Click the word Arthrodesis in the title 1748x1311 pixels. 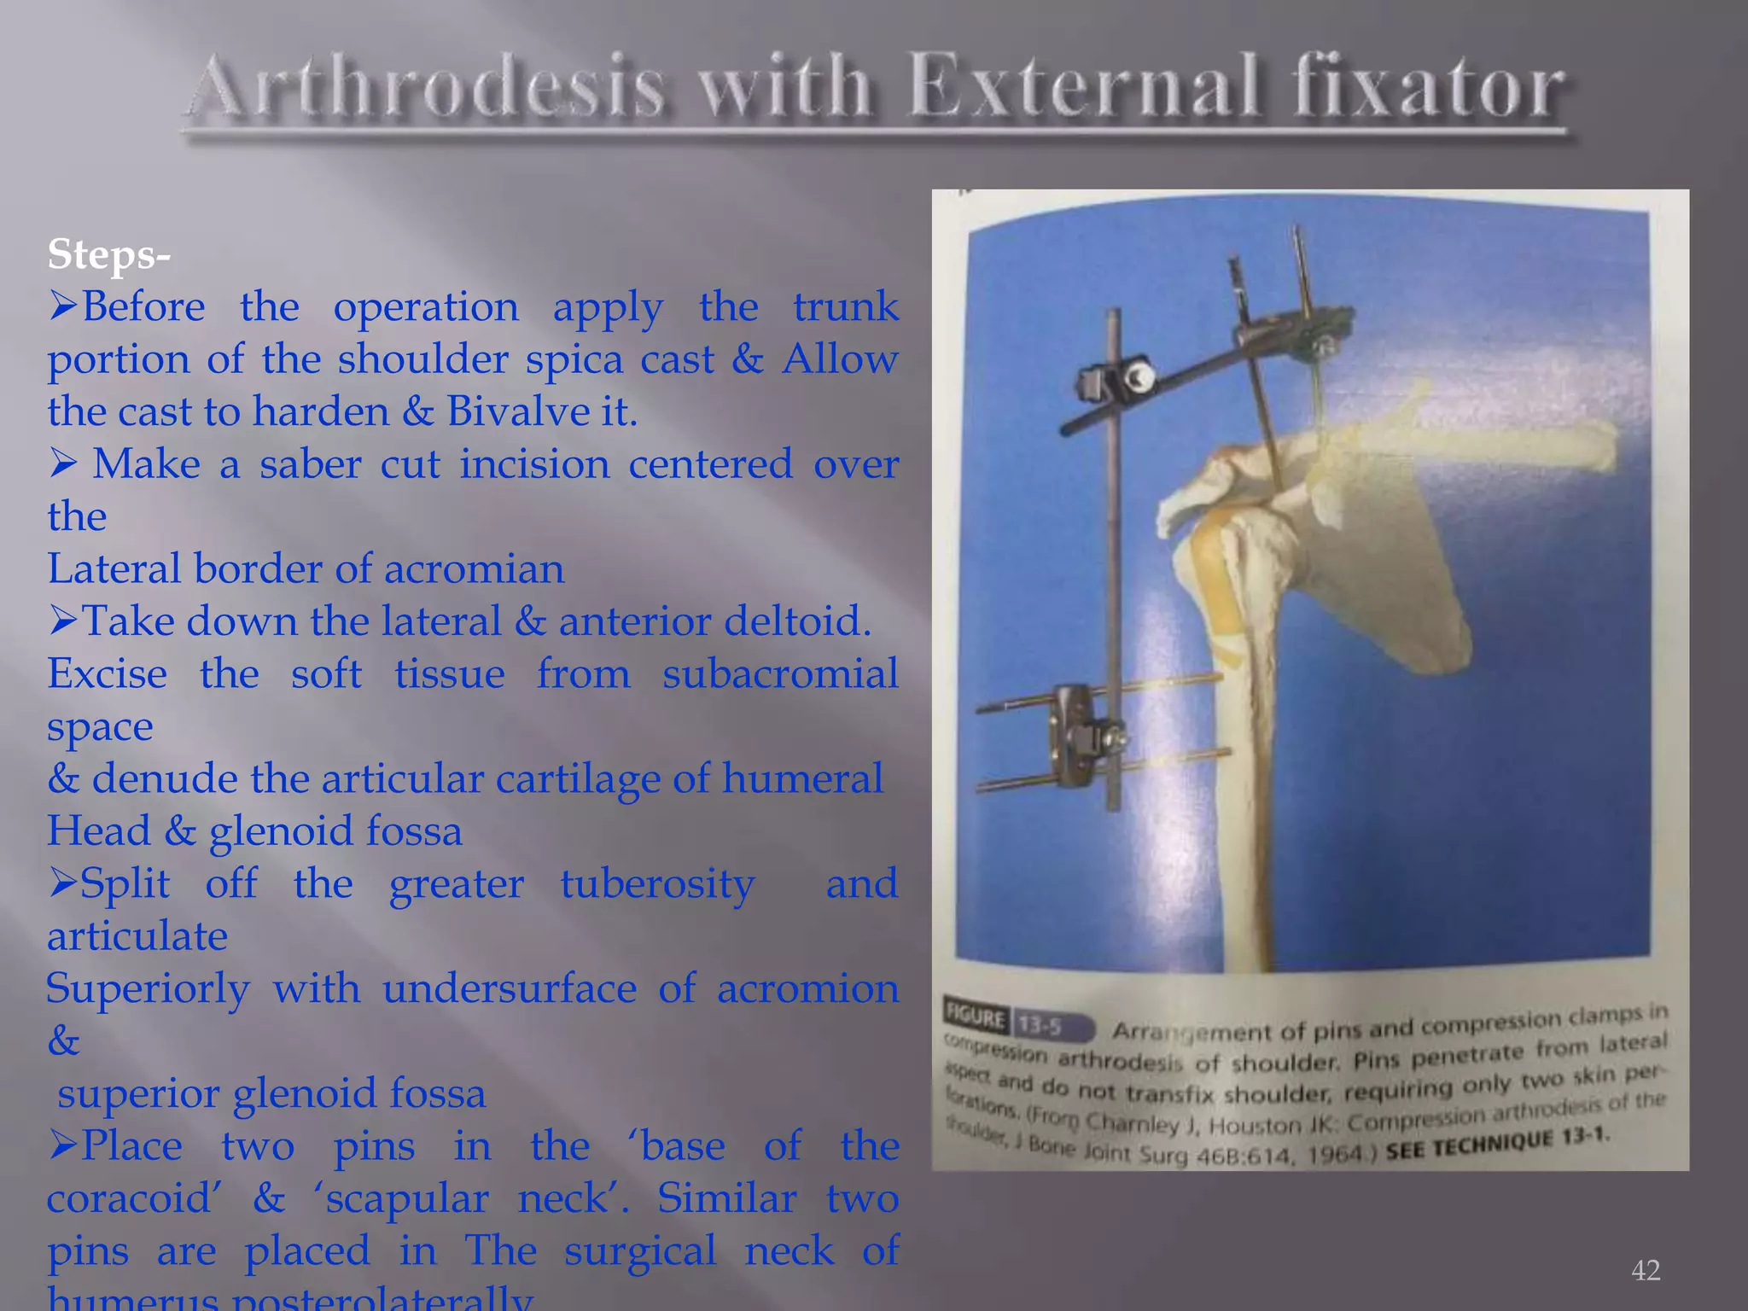tap(427, 88)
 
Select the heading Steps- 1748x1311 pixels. tap(109, 254)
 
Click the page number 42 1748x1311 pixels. tap(1645, 1270)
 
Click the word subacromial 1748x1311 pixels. tap(780, 674)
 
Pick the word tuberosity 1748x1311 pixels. tap(657, 884)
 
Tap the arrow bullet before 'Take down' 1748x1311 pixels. tap(63, 621)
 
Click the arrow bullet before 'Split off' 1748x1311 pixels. tap(63, 884)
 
